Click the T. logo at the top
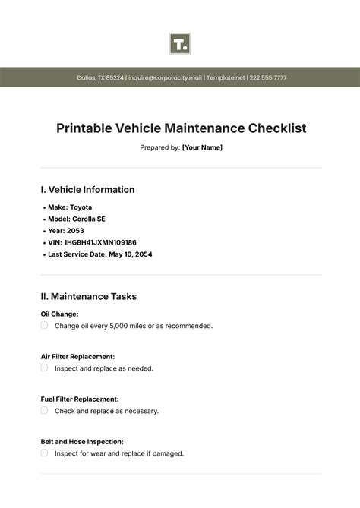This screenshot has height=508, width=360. click(180, 43)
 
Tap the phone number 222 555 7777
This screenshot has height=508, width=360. click(268, 77)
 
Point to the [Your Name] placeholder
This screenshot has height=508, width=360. click(202, 147)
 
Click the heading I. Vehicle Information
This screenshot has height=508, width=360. click(87, 190)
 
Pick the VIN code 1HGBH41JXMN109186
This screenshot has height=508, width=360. click(102, 242)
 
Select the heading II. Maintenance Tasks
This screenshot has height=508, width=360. click(88, 296)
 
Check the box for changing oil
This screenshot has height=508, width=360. click(44, 325)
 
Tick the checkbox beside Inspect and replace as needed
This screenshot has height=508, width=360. click(44, 368)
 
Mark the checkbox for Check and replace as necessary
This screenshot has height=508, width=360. click(44, 410)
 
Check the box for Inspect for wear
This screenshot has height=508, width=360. click(44, 453)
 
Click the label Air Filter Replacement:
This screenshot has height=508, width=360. click(77, 355)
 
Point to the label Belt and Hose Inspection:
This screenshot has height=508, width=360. click(81, 441)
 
